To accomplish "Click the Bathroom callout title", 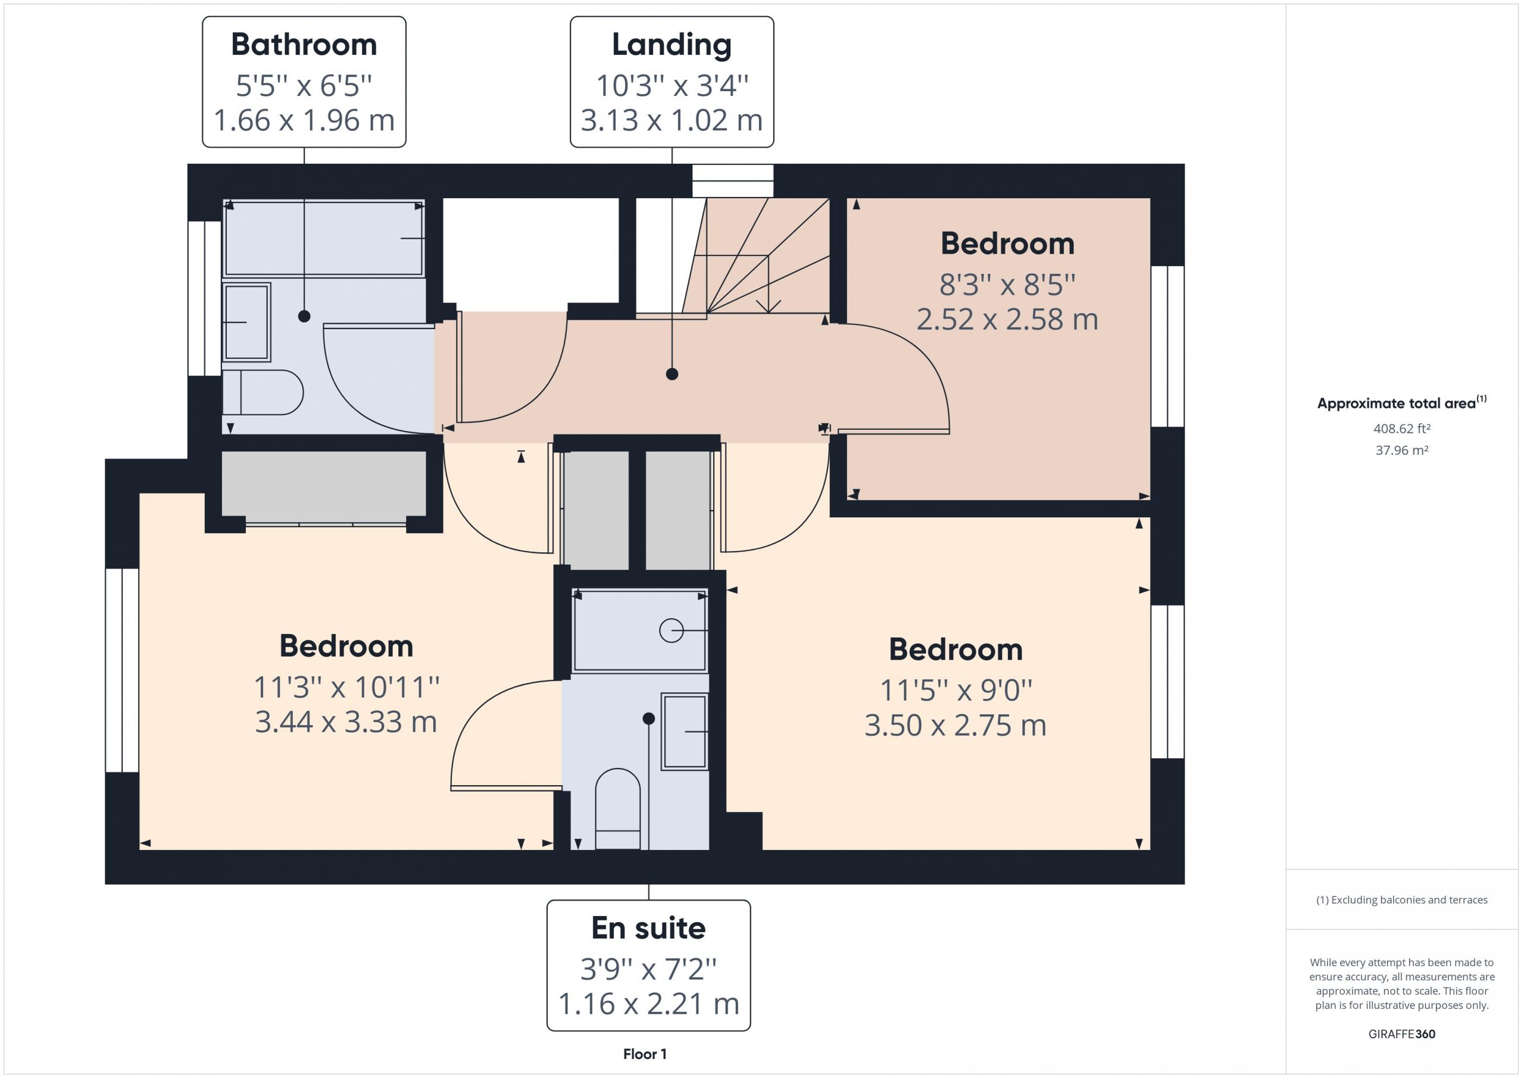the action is (304, 45).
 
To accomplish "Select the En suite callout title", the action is (648, 928).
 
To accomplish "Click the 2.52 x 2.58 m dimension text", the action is (1007, 319).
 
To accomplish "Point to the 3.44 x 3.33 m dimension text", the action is (346, 721).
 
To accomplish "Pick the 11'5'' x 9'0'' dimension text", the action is (956, 690).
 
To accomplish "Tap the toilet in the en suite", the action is (617, 808).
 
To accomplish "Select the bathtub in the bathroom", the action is (324, 238).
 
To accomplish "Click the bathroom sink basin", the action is (246, 322).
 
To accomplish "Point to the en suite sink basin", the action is (685, 732).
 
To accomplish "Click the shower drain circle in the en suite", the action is (671, 630).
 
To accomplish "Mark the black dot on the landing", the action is (672, 374).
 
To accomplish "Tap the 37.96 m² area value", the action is (1402, 450).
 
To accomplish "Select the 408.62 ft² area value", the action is (1402, 429).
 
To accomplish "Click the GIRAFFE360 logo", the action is (1402, 1034).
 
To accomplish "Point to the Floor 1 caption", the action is (645, 1054).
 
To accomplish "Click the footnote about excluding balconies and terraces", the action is (1402, 900).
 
